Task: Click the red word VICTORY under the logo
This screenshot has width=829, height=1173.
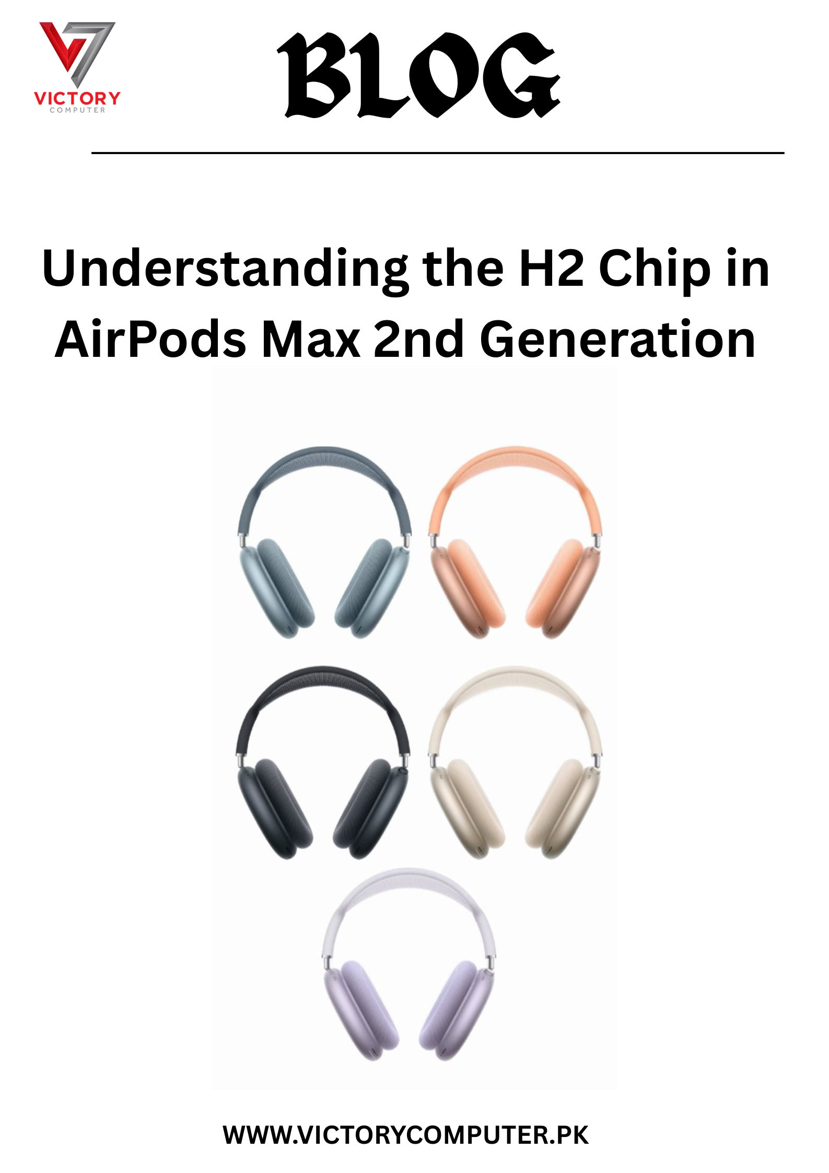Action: (77, 98)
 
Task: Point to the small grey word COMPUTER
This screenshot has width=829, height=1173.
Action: (77, 110)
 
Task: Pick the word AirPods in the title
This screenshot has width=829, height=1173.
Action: (150, 340)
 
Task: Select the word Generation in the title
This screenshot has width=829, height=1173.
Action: (617, 340)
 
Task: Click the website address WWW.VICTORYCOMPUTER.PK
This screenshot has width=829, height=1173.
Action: (406, 1135)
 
